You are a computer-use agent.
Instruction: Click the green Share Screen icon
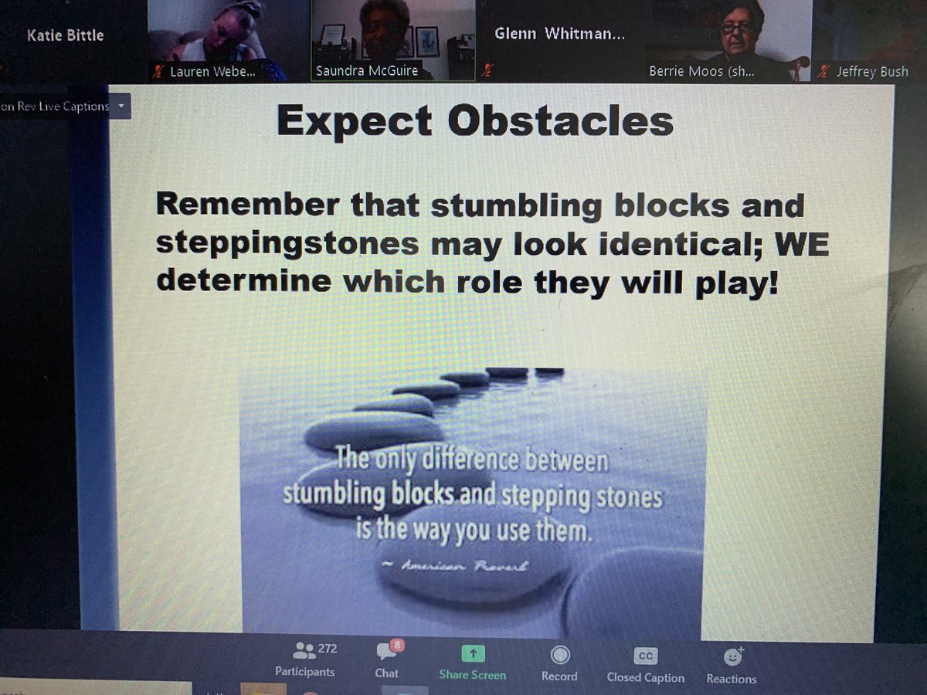point(472,653)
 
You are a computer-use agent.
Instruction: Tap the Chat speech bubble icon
point(385,653)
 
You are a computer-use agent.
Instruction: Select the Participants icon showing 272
point(305,651)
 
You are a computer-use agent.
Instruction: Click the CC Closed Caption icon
point(645,656)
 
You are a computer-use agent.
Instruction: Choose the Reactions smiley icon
point(731,657)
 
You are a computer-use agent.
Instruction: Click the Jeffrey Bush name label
point(871,73)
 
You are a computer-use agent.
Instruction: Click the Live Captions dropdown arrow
point(121,106)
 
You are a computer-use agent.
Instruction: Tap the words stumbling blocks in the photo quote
point(366,494)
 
